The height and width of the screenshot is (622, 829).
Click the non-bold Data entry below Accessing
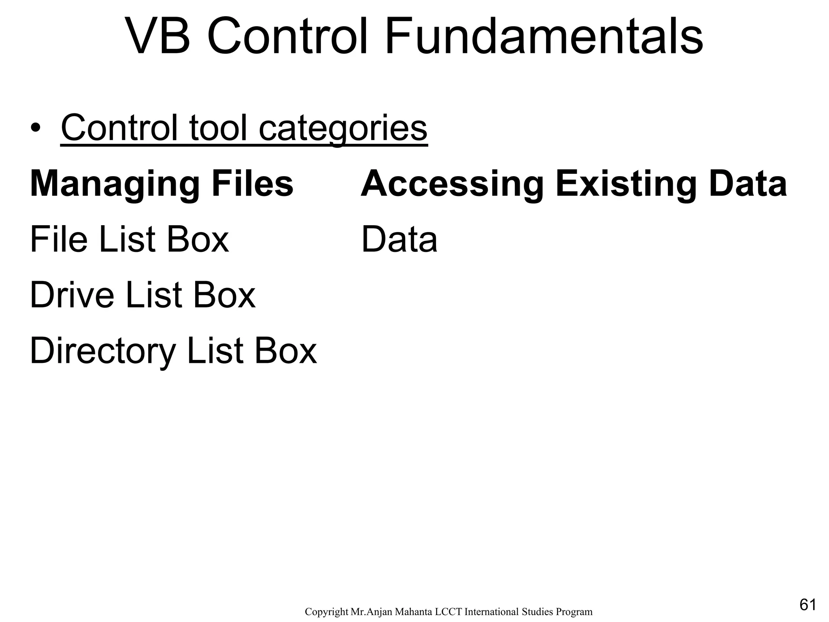coord(399,240)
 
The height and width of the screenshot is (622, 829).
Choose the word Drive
coord(72,295)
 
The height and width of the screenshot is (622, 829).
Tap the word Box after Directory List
coord(285,351)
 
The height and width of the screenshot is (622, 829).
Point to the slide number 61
coord(808,605)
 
